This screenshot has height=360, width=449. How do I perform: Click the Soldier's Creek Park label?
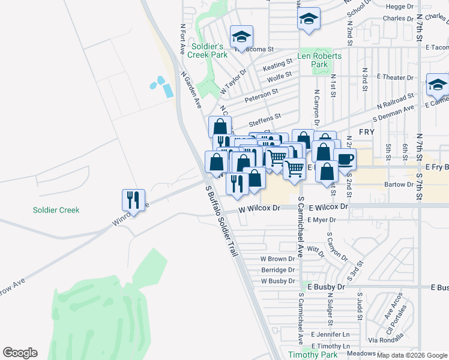(208, 50)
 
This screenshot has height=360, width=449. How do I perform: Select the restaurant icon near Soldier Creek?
(134, 201)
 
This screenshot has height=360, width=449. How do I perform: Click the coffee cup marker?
(345, 159)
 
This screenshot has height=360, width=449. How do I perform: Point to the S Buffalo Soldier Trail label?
(222, 221)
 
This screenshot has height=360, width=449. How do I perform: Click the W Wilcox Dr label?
(259, 208)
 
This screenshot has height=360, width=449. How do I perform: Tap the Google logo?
(20, 353)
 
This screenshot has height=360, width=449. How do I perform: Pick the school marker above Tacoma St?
(241, 35)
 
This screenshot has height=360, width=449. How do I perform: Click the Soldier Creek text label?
(57, 210)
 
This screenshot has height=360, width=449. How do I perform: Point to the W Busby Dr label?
(277, 281)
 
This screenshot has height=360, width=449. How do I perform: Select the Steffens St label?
(265, 118)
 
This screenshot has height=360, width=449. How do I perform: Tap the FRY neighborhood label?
(367, 131)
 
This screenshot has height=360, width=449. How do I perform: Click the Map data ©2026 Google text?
(411, 355)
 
